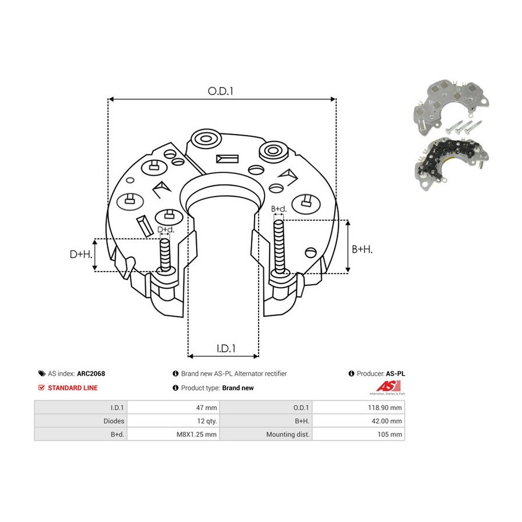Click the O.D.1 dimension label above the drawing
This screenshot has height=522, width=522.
point(220,91)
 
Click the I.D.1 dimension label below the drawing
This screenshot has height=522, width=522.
point(226,348)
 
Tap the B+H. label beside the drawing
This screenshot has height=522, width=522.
point(362,249)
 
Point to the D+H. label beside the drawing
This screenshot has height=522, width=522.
point(81,255)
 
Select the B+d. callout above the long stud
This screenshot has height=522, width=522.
point(278,209)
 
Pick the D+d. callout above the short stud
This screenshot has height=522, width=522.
point(166,229)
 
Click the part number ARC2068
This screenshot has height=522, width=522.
point(91,374)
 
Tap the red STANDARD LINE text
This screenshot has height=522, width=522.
point(72,388)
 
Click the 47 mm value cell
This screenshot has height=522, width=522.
point(173,408)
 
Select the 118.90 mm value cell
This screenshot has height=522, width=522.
point(358,408)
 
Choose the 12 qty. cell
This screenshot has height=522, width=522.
point(173,421)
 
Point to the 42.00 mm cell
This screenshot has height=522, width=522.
point(358,421)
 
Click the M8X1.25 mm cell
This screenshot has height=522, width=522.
point(173,434)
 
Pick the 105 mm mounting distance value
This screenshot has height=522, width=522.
point(390,434)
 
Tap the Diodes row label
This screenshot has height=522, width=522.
point(114,421)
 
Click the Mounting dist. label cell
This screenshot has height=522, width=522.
point(266,434)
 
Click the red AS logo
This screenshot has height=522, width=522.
point(388,386)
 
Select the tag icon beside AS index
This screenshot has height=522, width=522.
point(42,374)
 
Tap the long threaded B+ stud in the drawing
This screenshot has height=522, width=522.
point(279,247)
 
